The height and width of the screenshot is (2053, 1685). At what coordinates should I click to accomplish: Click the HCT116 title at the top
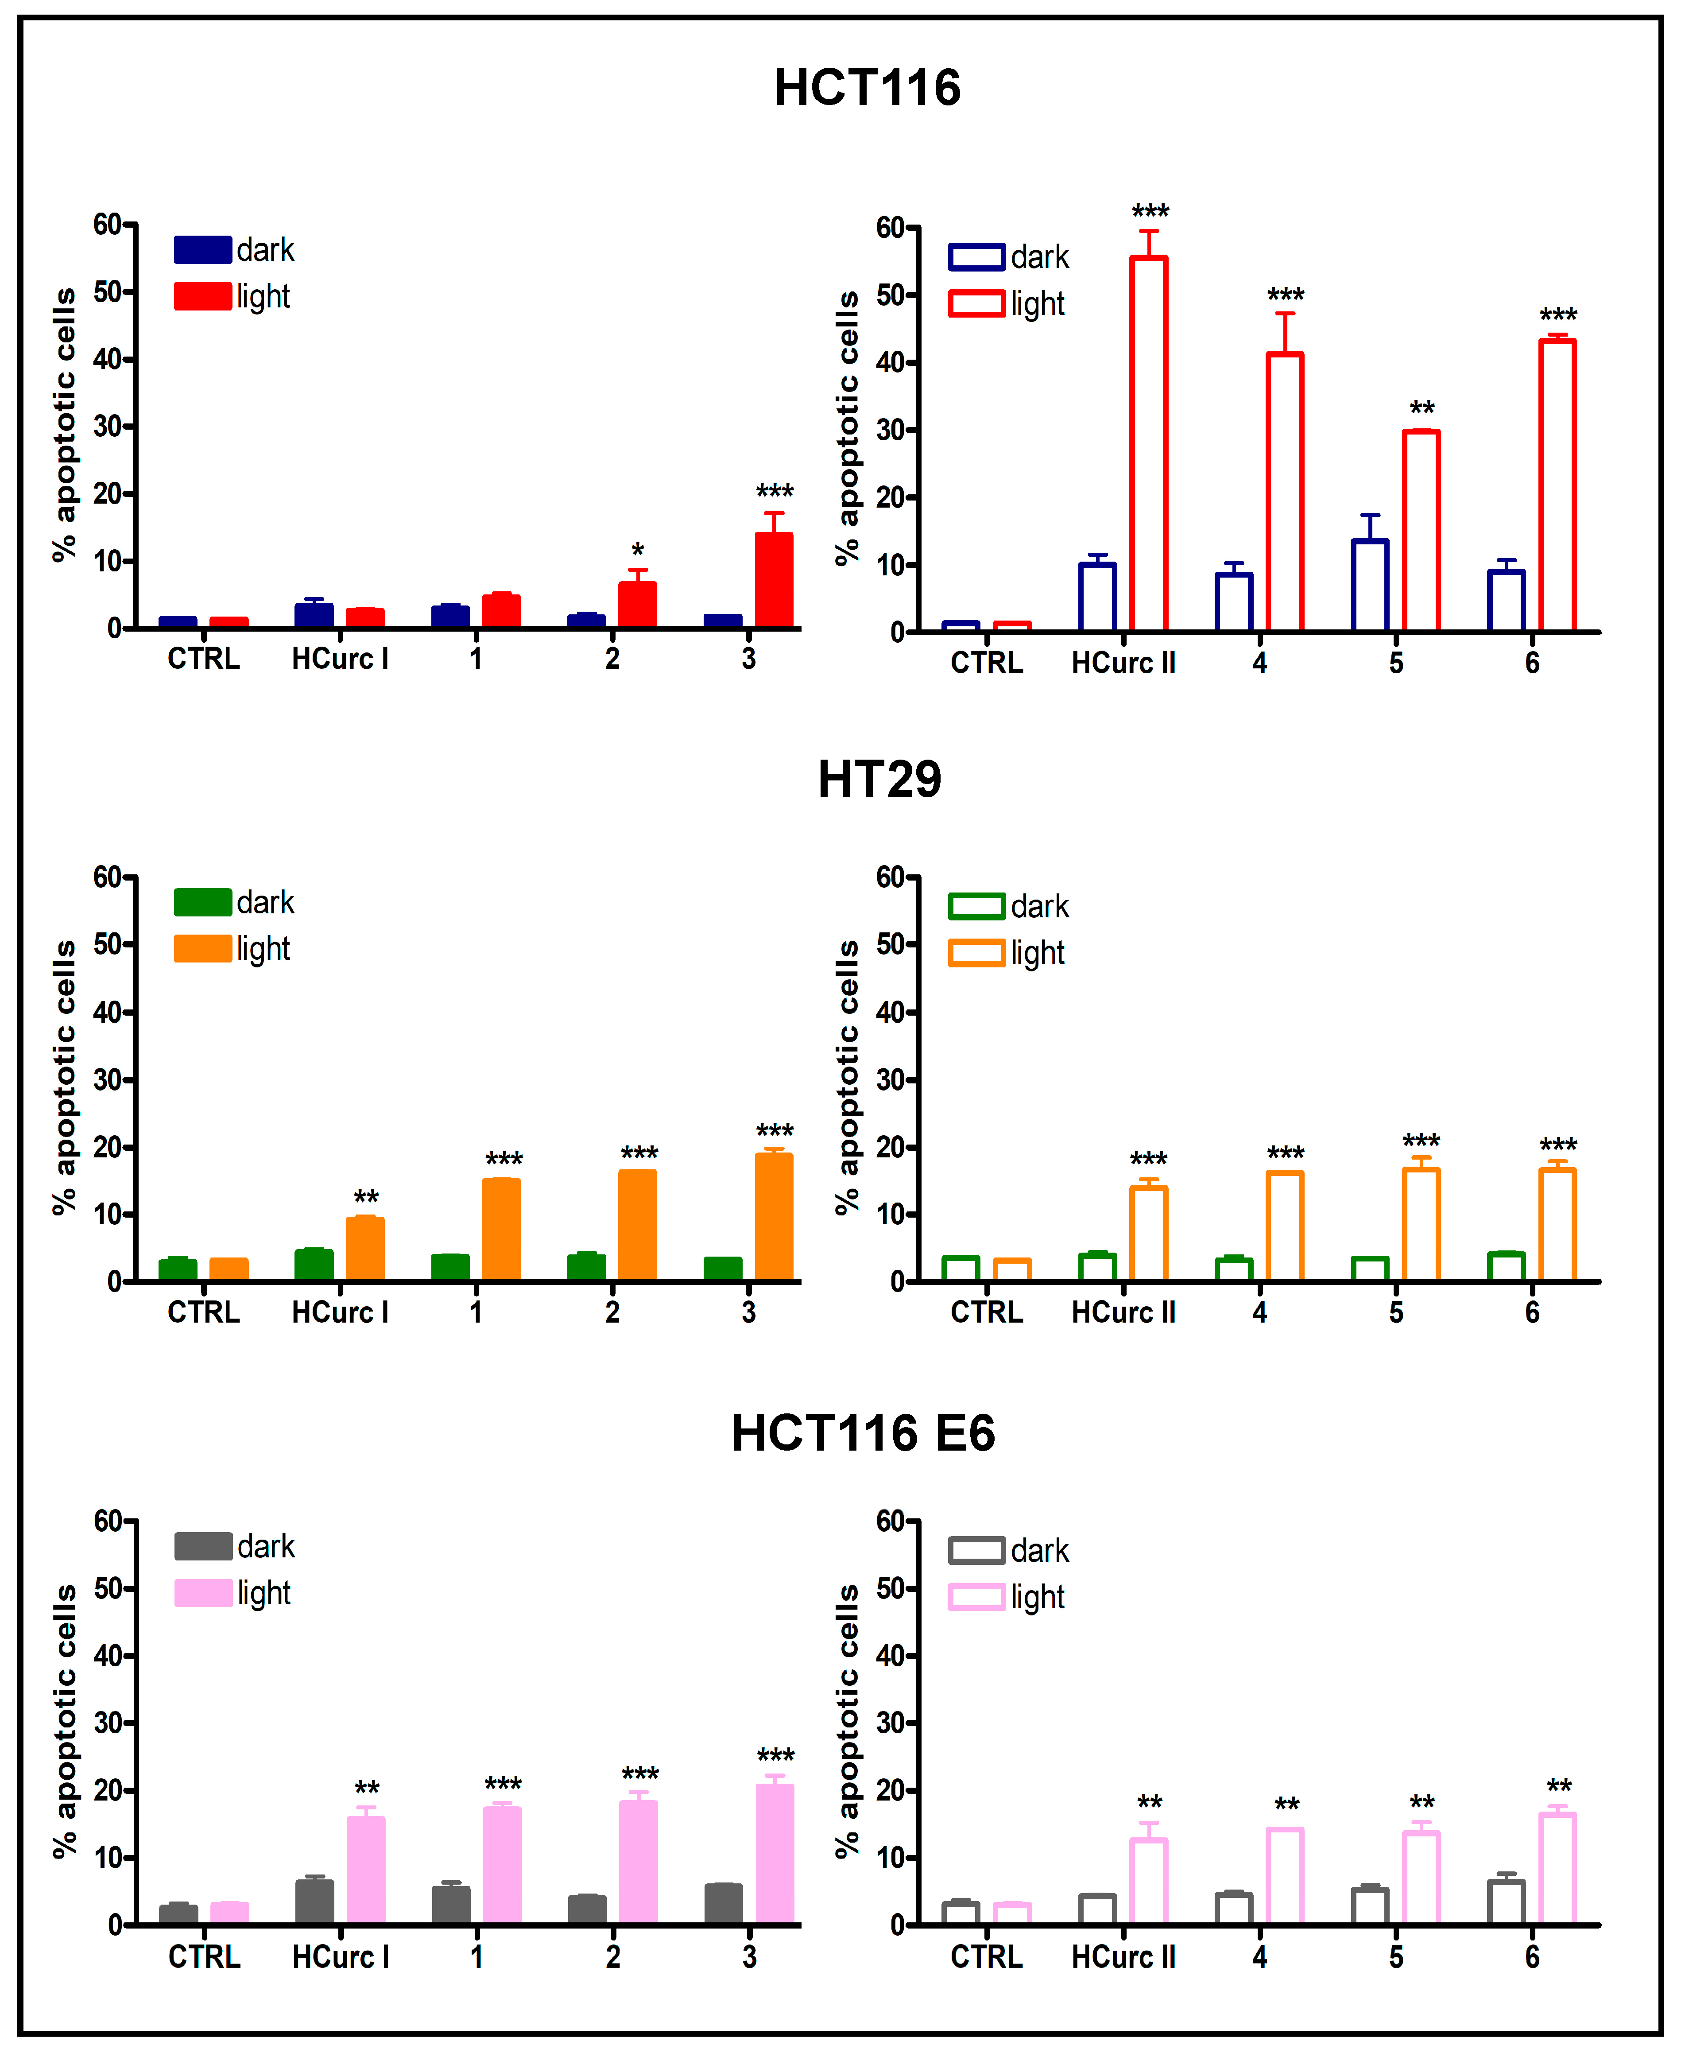pos(867,87)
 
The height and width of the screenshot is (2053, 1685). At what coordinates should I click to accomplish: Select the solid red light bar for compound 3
pos(774,581)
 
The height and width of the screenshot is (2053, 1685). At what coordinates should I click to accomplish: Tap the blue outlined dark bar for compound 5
pos(1370,585)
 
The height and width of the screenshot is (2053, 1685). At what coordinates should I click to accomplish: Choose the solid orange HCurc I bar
pos(365,1249)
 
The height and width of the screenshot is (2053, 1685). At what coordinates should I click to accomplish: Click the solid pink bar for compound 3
pos(775,1854)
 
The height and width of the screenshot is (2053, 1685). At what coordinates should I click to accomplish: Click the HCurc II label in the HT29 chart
pos(1123,1312)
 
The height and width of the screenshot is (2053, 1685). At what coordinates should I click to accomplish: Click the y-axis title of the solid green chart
pos(64,1078)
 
